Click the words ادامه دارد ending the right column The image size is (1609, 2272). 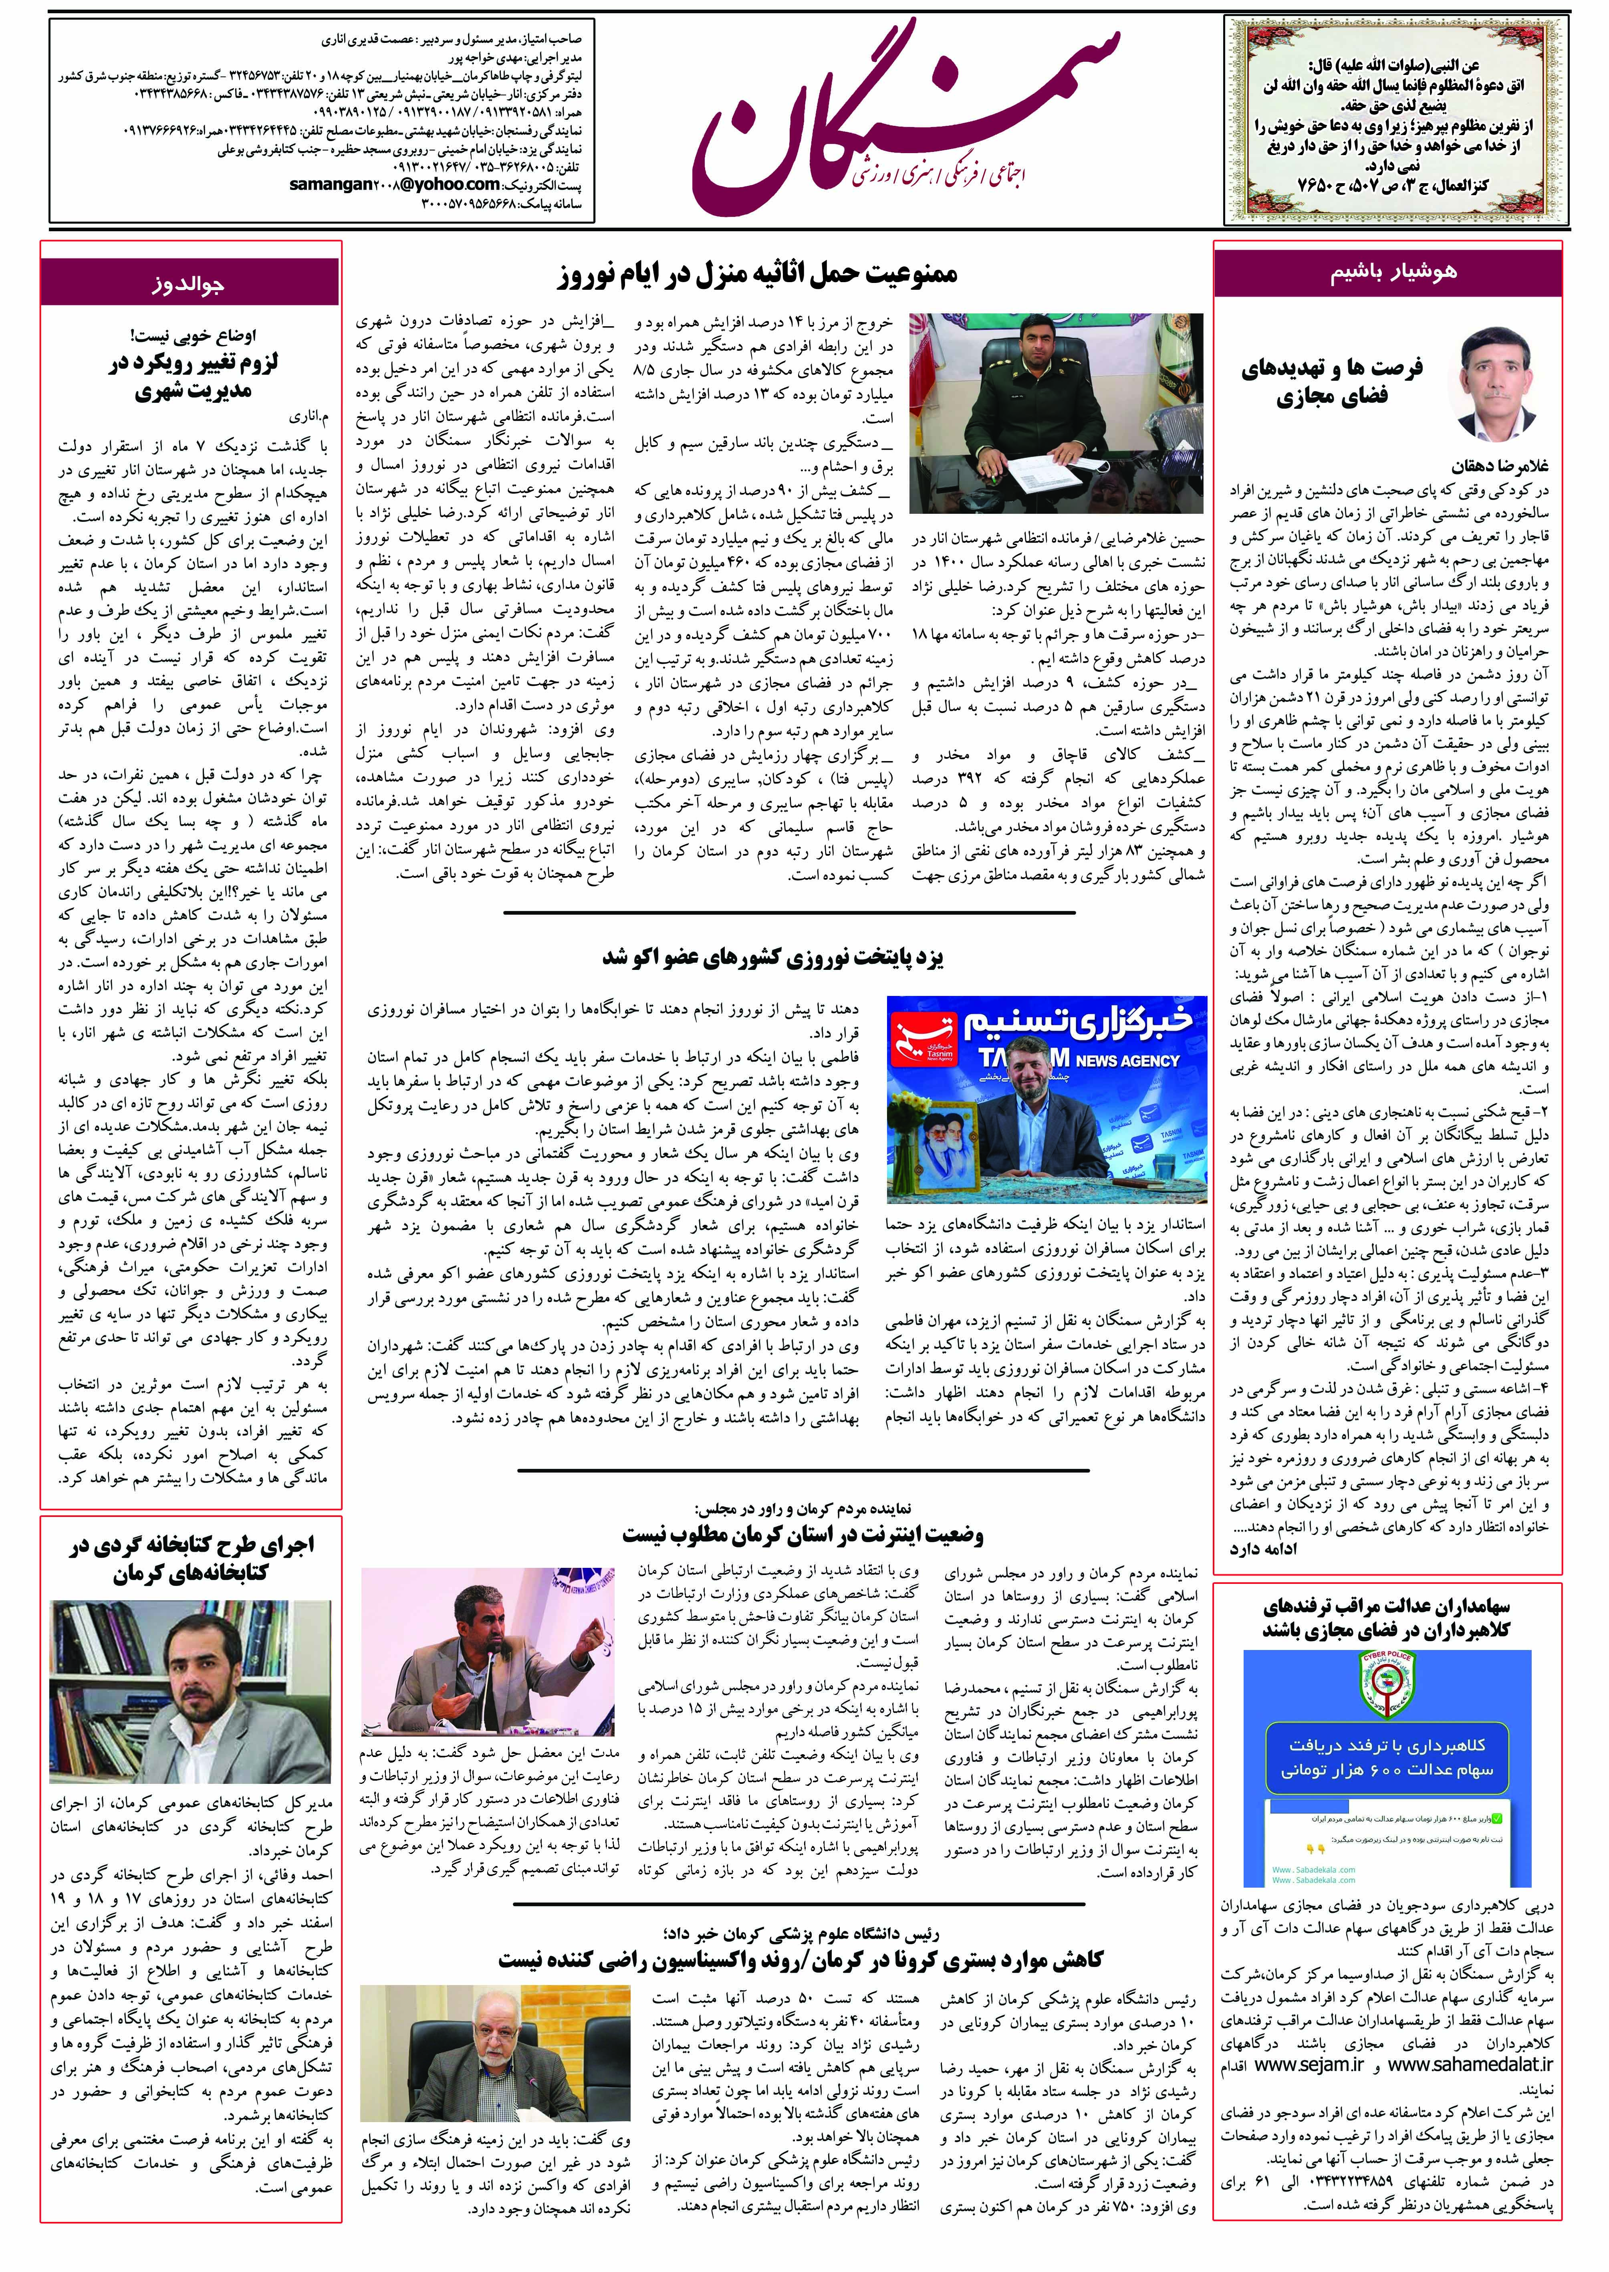1263,1549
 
